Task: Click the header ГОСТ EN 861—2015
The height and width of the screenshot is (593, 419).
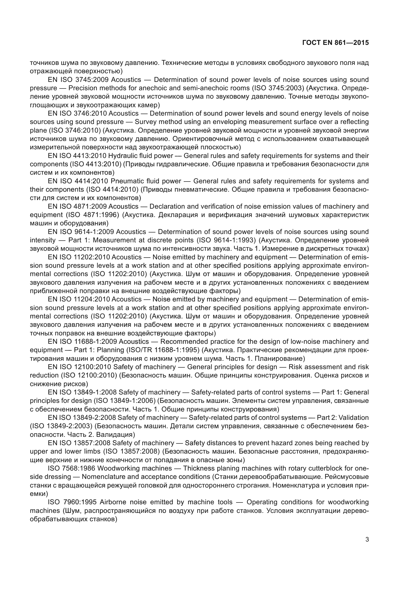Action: pos(335,43)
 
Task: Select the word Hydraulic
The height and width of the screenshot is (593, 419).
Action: pos(125,156)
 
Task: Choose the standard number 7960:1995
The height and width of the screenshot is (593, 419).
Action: pos(80,502)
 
